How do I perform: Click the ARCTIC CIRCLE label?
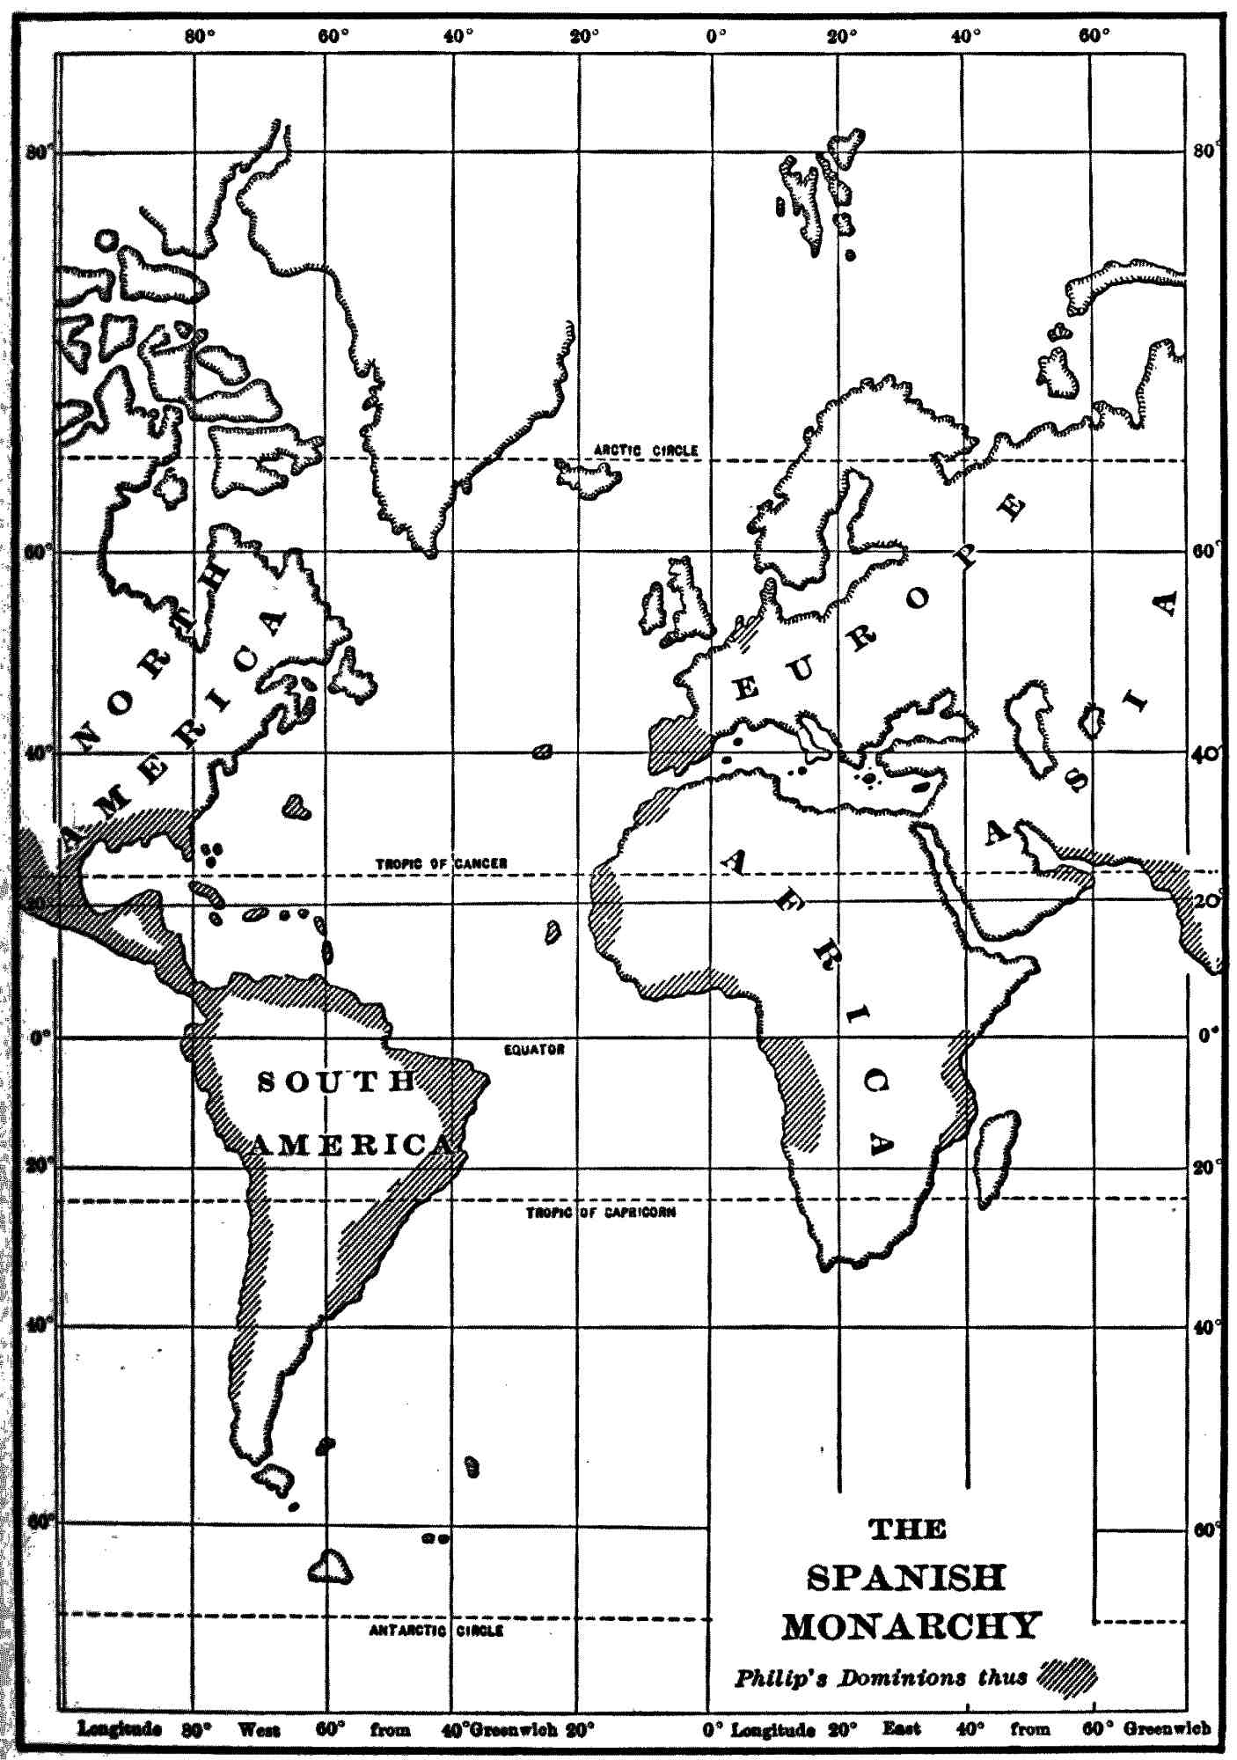(x=645, y=451)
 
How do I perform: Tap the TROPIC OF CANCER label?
(x=442, y=864)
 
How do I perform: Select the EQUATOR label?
(x=534, y=1050)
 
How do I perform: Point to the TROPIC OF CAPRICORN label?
(x=601, y=1213)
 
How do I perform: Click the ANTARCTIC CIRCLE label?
(x=436, y=1631)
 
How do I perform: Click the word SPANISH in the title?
(x=906, y=1578)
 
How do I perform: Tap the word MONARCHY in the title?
(x=911, y=1626)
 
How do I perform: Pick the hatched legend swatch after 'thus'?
(x=1068, y=1676)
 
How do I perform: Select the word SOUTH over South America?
(x=336, y=1082)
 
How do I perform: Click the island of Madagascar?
(x=997, y=1157)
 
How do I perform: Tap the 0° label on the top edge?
(x=716, y=37)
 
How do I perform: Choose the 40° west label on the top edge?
(x=458, y=37)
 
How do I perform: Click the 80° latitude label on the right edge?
(x=1204, y=151)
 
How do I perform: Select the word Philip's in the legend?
(x=780, y=1678)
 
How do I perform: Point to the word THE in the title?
(x=908, y=1530)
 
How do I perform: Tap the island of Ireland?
(x=654, y=605)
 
